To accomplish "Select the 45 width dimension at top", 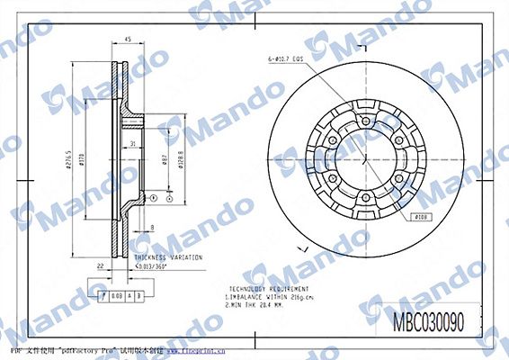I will click(x=128, y=40).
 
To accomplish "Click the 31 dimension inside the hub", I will click(x=131, y=143).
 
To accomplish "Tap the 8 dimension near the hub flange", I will click(x=153, y=228).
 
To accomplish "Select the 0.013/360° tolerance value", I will click(x=154, y=267).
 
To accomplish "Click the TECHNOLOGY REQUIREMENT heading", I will click(x=262, y=283).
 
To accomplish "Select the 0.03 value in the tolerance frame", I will click(x=118, y=294).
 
